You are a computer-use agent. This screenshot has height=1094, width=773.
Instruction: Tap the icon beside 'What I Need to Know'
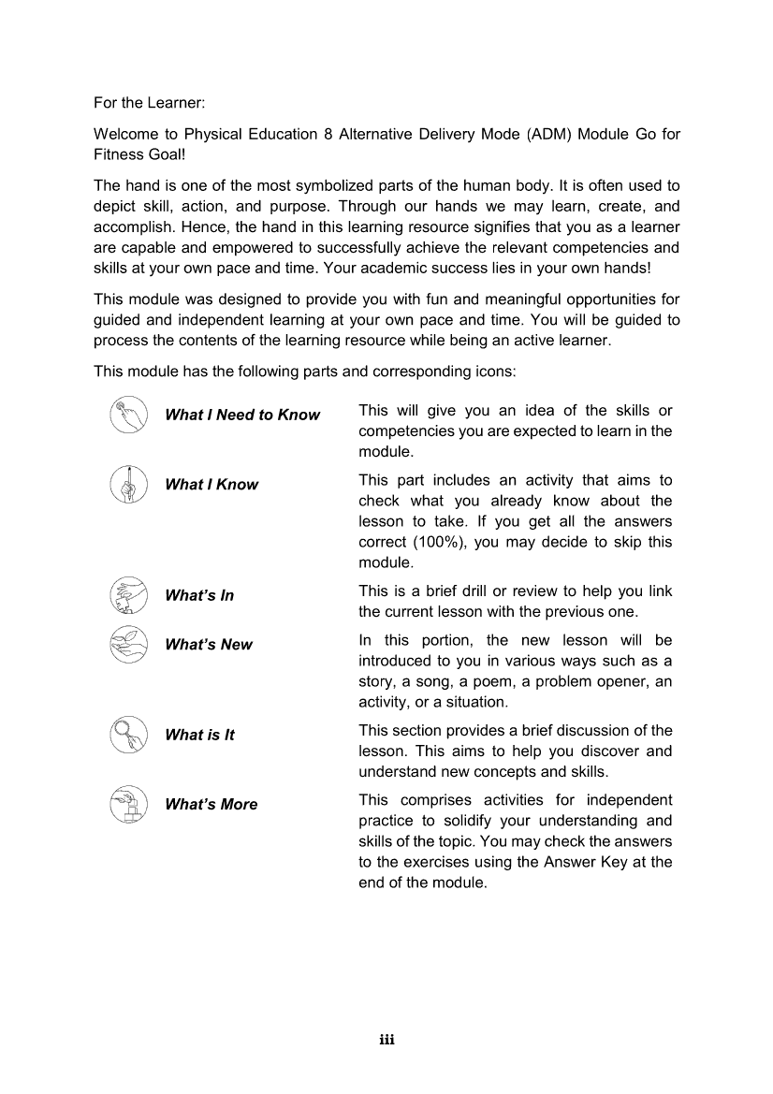tap(128, 415)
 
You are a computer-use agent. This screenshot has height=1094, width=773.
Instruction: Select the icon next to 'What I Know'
tap(128, 484)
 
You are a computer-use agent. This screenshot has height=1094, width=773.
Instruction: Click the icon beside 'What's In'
tap(128, 595)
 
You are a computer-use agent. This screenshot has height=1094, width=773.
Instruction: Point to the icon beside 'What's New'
tap(128, 644)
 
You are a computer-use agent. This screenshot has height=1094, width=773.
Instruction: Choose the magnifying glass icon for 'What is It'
tap(128, 735)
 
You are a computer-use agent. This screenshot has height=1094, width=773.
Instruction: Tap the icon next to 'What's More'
tap(128, 804)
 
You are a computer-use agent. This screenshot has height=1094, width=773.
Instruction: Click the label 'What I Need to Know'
tap(242, 415)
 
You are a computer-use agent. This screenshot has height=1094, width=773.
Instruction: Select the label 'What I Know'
tap(211, 484)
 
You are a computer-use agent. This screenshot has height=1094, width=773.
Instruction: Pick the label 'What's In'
tap(199, 595)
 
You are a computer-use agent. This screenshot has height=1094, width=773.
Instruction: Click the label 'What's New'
tap(209, 644)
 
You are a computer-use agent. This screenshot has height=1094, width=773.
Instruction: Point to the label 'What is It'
tap(199, 735)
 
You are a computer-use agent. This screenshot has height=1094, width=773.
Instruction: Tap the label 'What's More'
tap(211, 804)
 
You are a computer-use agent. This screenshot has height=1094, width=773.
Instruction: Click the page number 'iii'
tap(386, 1040)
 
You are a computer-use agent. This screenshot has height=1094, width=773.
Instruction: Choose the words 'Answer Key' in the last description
tap(581, 862)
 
